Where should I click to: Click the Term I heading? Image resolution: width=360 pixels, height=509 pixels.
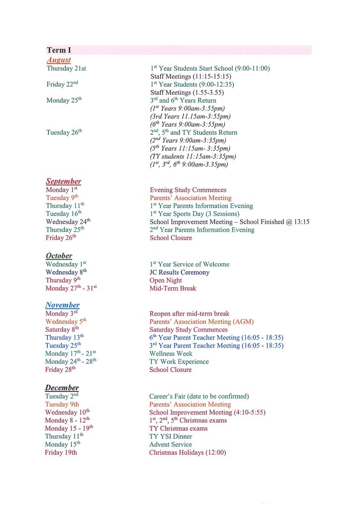(x=59, y=50)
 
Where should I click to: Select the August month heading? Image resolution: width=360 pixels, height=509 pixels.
(x=59, y=60)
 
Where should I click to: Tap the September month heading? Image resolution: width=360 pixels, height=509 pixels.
(x=63, y=181)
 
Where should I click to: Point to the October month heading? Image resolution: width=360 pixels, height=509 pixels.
(x=59, y=255)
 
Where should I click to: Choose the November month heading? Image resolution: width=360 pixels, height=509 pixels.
(x=62, y=305)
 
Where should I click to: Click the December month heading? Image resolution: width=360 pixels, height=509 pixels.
(x=62, y=388)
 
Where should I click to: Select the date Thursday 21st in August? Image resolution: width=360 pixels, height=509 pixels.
(x=66, y=69)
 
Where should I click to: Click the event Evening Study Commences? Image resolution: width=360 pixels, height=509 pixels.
(x=188, y=190)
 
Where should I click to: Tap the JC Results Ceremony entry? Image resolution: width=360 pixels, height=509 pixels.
(x=180, y=272)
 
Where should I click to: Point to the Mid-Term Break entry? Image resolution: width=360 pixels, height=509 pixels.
(x=173, y=288)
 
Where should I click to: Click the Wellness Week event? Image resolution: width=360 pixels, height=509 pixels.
(x=171, y=354)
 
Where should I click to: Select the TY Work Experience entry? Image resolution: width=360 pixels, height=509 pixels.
(x=179, y=362)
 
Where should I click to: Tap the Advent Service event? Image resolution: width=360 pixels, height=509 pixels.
(x=171, y=445)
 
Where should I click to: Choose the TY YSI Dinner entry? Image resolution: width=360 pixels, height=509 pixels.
(x=171, y=437)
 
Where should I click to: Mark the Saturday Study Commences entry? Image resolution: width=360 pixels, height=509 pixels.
(x=188, y=330)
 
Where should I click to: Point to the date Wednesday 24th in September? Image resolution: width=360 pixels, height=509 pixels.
(x=68, y=222)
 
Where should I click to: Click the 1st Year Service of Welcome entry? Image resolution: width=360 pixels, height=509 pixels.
(x=189, y=264)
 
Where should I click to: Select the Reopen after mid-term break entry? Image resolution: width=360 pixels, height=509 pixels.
(x=189, y=314)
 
